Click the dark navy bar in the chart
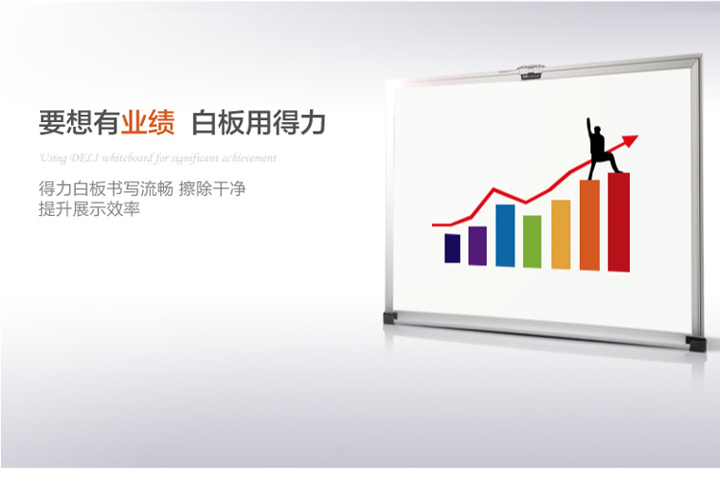tap(452, 249)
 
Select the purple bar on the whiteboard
tap(477, 246)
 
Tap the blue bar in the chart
tap(505, 235)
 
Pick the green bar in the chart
tap(532, 242)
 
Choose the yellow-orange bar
tap(561, 234)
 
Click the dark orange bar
tap(589, 225)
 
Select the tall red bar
tap(618, 223)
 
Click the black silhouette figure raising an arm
tap(600, 149)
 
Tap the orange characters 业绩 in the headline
tap(148, 123)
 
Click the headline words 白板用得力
tap(258, 123)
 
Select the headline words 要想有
tap(80, 123)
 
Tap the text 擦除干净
tap(212, 188)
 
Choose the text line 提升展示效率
tap(89, 209)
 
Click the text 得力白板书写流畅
tap(106, 188)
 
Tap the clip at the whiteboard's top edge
tap(531, 71)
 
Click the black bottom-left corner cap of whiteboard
tap(390, 318)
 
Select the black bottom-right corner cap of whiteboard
tap(696, 343)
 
